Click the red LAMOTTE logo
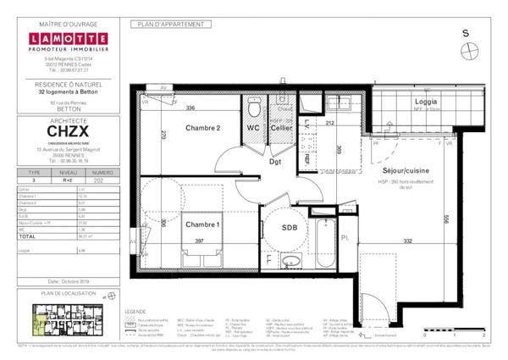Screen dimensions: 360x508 pyautogui.click(x=67, y=40)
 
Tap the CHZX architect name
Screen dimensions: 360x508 pyautogui.click(x=67, y=132)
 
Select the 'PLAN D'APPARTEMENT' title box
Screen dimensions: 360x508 pyautogui.click(x=169, y=25)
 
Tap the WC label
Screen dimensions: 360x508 pyautogui.click(x=253, y=128)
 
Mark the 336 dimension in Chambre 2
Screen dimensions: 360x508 pyautogui.click(x=190, y=108)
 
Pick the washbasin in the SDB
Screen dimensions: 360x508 pyautogui.click(x=291, y=262)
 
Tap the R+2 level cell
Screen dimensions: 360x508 pyautogui.click(x=67, y=180)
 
